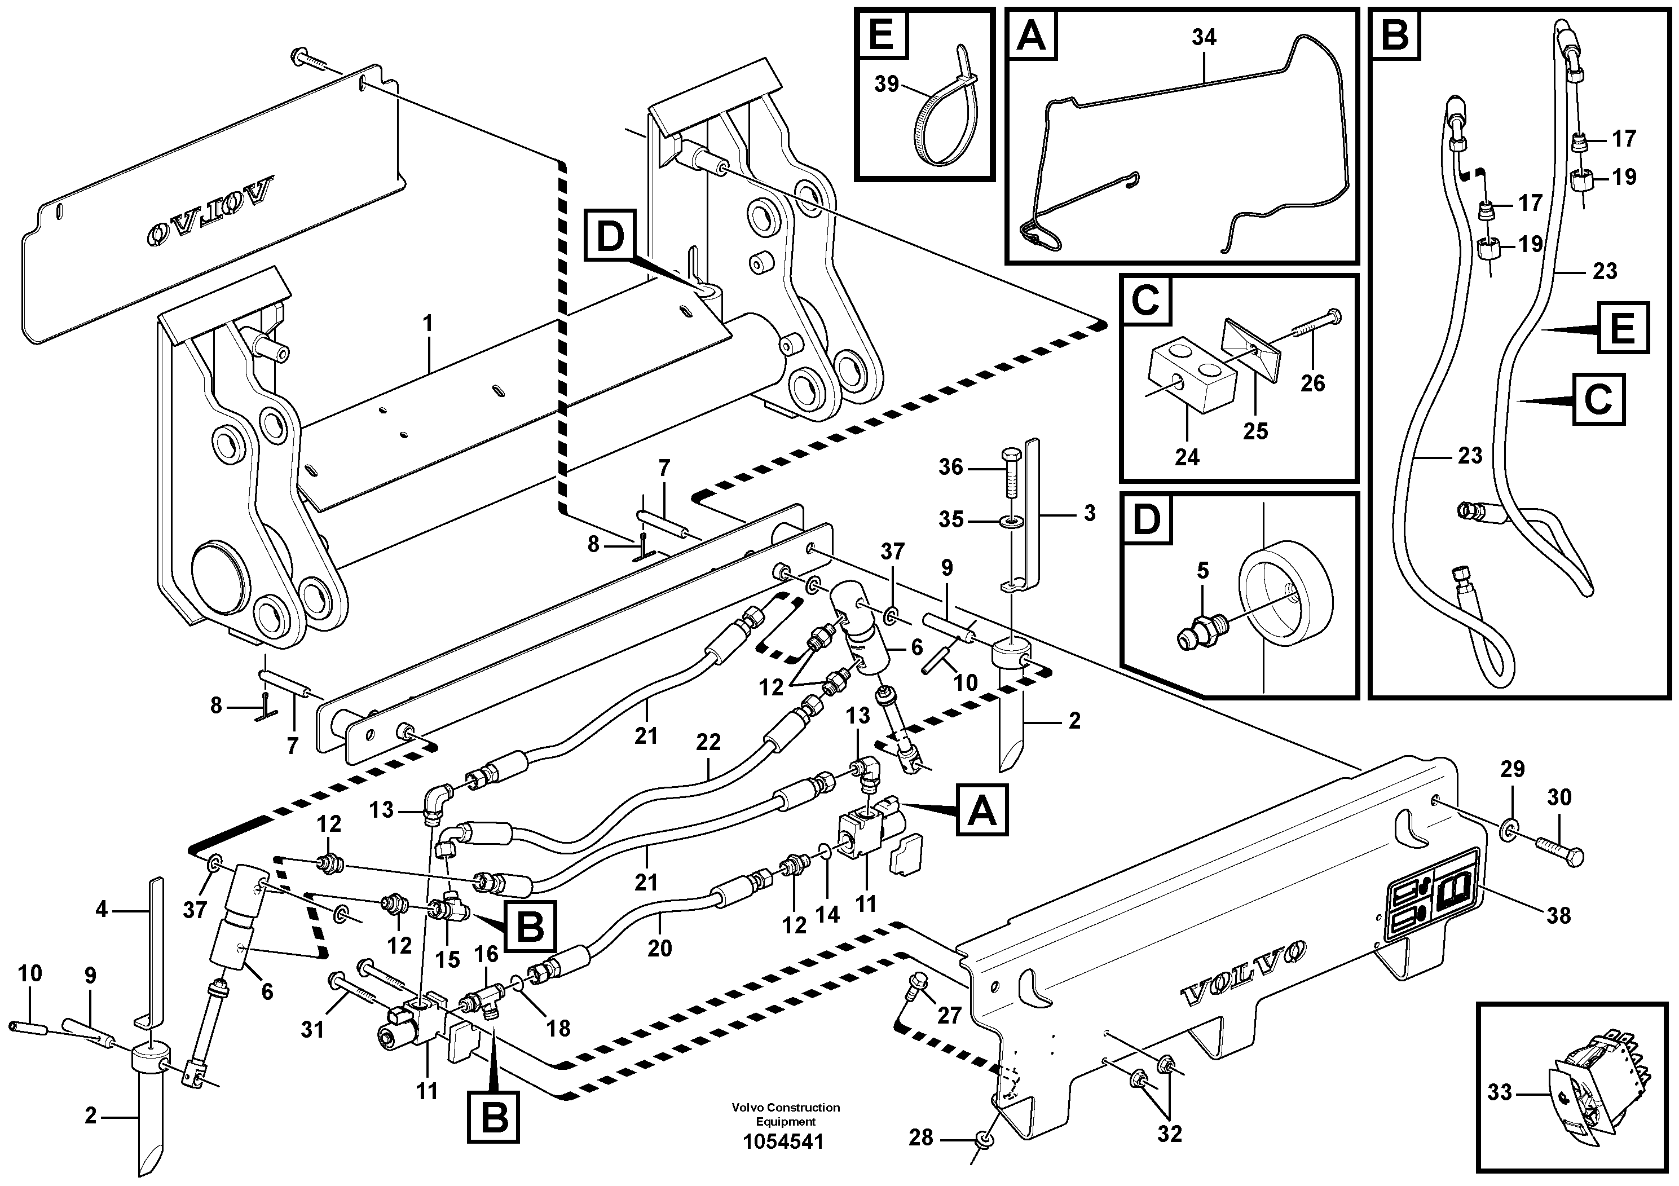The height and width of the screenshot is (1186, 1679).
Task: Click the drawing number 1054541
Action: (783, 1142)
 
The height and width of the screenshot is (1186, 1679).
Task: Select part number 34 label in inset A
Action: (1204, 37)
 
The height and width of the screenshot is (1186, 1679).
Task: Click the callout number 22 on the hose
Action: (708, 742)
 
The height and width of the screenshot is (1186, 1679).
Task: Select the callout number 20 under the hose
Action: (660, 949)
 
